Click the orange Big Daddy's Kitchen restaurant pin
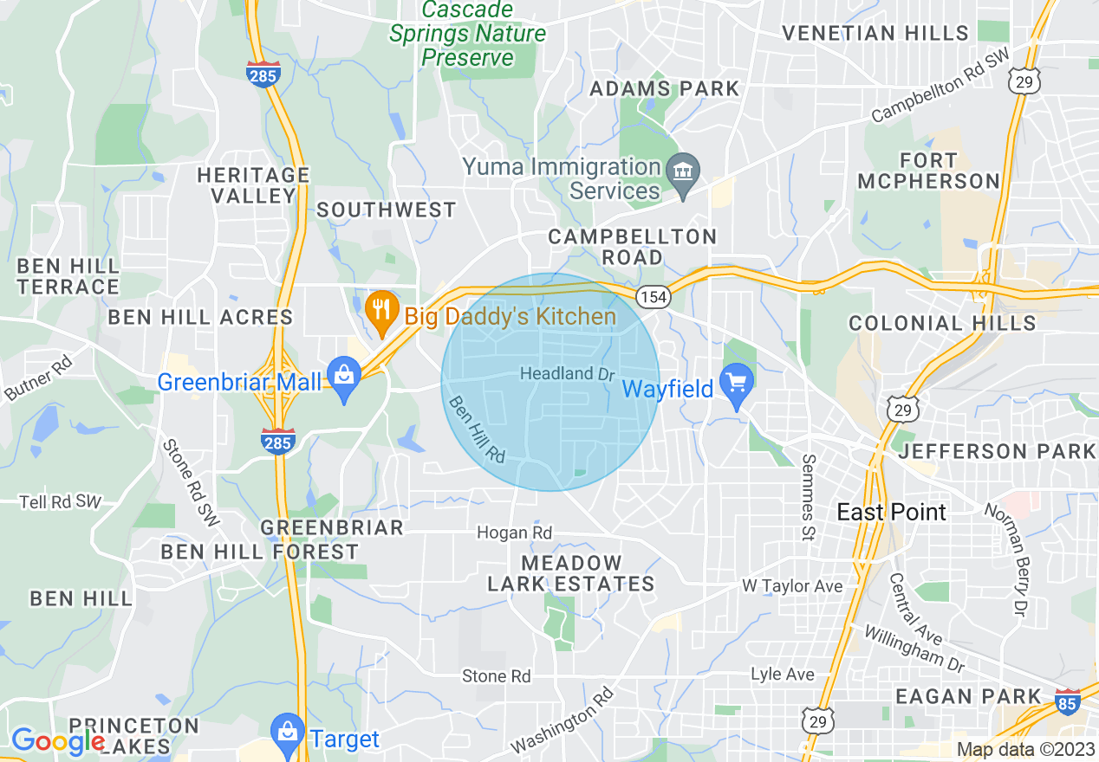pos(380,309)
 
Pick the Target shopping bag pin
pos(286,734)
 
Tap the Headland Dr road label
pos(567,374)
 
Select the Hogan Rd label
pos(514,533)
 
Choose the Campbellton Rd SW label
pos(940,96)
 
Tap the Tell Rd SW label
pos(61,501)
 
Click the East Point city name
pos(891,512)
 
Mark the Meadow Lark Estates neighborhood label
pos(570,573)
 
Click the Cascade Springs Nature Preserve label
pos(468,34)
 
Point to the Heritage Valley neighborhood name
pos(253,185)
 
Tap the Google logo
pos(57,740)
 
